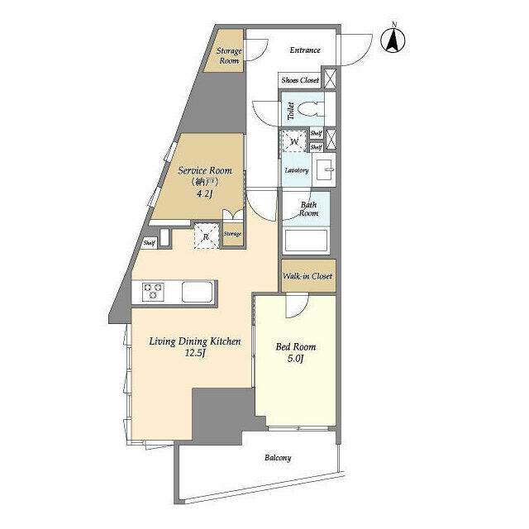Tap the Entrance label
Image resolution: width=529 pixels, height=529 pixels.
click(305, 50)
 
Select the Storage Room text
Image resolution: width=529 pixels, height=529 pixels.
click(229, 56)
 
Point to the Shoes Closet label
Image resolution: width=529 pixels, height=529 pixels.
click(300, 80)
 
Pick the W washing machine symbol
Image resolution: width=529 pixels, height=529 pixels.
click(293, 141)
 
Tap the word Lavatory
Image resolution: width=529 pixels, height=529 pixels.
click(297, 170)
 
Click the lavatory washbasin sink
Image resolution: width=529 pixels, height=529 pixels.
click(326, 169)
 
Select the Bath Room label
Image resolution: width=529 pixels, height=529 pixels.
click(308, 208)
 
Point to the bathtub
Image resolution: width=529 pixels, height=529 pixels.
click(306, 241)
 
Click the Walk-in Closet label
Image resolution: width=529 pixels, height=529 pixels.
click(307, 275)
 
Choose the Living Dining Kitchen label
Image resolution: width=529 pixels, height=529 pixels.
click(195, 341)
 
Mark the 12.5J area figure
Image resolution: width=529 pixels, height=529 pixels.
click(195, 354)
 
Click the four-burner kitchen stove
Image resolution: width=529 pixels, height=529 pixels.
click(154, 291)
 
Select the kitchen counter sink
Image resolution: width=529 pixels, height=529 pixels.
click(199, 291)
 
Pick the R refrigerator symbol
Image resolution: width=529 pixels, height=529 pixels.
click(207, 236)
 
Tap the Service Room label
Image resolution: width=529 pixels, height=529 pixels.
click(205, 170)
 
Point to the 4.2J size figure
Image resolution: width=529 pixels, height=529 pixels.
click(204, 194)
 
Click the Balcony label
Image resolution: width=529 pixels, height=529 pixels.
click(278, 457)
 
